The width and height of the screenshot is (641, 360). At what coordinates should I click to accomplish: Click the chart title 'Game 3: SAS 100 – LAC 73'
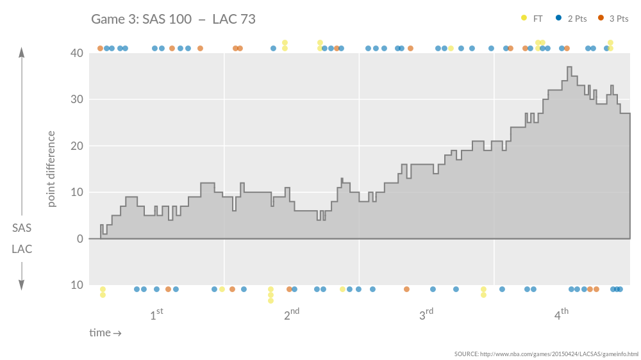[173, 19]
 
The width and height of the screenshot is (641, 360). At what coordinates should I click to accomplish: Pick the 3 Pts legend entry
[613, 19]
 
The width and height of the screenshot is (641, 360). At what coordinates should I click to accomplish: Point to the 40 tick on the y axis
[77, 53]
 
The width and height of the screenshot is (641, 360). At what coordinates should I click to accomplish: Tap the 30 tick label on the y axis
[77, 99]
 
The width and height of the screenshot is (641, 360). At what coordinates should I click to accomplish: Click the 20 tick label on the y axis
[77, 146]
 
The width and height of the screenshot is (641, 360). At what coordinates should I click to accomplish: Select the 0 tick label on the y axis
[80, 239]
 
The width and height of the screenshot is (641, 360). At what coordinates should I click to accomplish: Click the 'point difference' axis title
[52, 168]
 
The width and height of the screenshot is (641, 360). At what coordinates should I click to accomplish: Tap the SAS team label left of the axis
[22, 228]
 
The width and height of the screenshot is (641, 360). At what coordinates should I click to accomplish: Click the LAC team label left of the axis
[22, 249]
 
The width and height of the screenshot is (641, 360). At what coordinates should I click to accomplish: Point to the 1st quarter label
[156, 315]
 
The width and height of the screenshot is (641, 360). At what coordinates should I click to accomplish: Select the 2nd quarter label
[292, 315]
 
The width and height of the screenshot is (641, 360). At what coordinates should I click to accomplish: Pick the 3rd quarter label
[426, 315]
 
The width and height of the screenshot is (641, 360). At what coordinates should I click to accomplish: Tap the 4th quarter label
[561, 315]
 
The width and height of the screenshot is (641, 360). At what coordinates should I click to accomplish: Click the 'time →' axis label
[105, 333]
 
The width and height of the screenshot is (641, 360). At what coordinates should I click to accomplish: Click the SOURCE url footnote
[546, 354]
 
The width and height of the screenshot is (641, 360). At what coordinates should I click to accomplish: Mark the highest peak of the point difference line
[569, 67]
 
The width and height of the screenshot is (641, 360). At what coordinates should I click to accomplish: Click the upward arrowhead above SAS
[22, 52]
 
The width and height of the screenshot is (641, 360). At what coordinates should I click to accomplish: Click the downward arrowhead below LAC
[22, 285]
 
